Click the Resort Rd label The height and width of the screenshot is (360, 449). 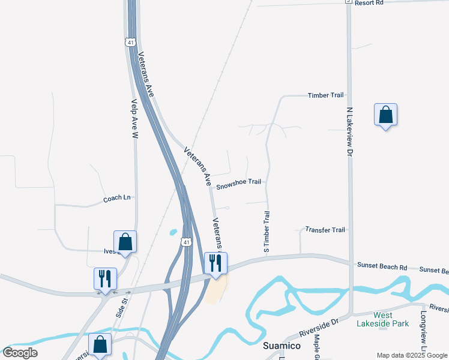[369, 3]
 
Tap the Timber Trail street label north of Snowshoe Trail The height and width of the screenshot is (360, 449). [325, 95]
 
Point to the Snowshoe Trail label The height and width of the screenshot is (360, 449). [238, 182]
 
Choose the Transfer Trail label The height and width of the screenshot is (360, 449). [325, 230]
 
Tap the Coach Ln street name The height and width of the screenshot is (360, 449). [116, 198]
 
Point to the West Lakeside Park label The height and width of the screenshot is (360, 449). [391, 320]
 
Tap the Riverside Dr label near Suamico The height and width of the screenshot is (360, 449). [319, 329]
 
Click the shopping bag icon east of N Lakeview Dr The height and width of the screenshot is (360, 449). [385, 114]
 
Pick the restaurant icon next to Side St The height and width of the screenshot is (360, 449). [105, 278]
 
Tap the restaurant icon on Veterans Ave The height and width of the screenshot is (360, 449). [215, 263]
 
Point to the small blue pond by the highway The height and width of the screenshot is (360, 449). [173, 232]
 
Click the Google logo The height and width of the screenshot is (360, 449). [20, 353]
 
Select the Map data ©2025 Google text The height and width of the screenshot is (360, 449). [412, 355]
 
